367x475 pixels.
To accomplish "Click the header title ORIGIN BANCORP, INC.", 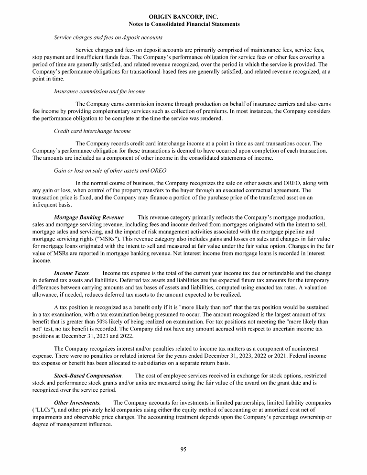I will pyautogui.click(x=184, y=17).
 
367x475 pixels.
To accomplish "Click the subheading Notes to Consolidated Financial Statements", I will pyautogui.click(x=184, y=24).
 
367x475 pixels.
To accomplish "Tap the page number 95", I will pyautogui.click(x=183, y=448).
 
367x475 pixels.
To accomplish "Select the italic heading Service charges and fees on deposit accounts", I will pyautogui.click(x=108, y=37).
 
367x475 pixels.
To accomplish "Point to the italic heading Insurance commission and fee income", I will pyautogui.click(x=100, y=91).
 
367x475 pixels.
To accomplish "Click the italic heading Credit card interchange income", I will pyautogui.click(x=92, y=131).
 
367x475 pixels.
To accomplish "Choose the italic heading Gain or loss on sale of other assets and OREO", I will pyautogui.click(x=111, y=170).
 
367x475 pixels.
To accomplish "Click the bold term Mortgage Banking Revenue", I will pyautogui.click(x=89, y=217).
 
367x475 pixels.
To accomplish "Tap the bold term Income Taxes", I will pyautogui.click(x=71, y=273).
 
